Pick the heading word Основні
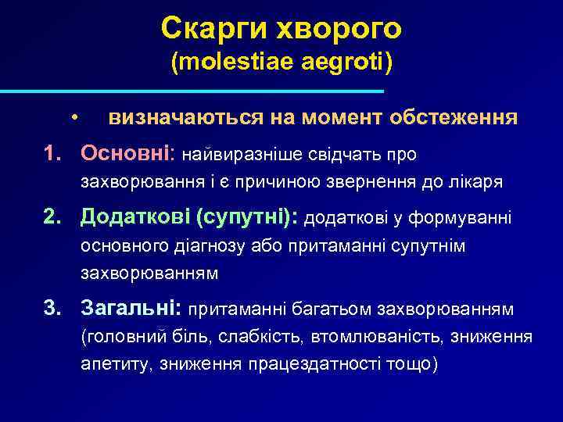(128, 153)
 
